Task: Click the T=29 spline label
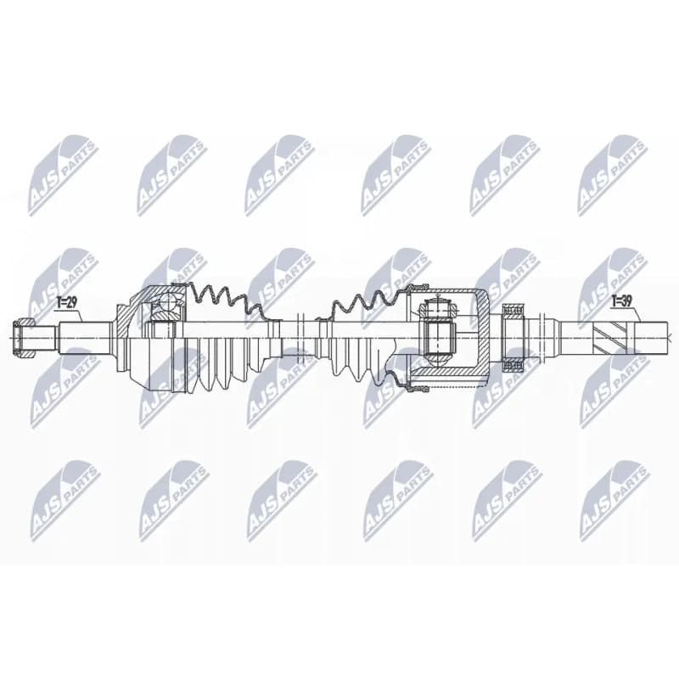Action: tap(67, 302)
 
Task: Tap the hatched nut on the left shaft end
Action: tap(25, 338)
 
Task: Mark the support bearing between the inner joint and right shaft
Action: tap(513, 338)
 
